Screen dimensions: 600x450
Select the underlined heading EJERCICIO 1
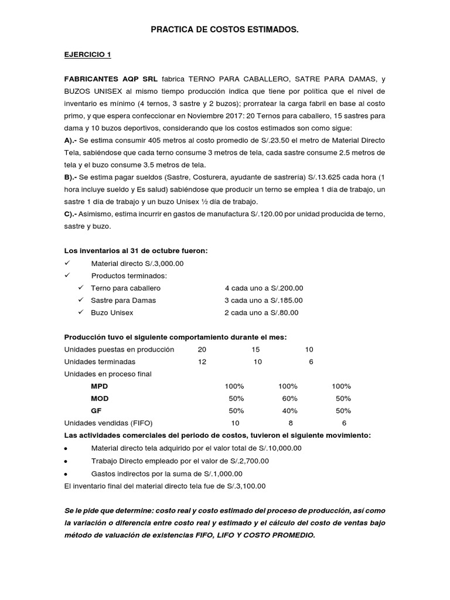87,54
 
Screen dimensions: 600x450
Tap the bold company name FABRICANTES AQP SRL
111,79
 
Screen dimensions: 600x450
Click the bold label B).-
74,177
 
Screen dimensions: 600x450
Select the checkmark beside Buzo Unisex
81,312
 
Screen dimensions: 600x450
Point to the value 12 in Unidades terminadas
202,362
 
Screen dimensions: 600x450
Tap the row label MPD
100,386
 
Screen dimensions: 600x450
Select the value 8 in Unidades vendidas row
290,423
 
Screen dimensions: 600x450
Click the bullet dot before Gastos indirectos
66,473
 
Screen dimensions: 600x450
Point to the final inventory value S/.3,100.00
244,485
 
